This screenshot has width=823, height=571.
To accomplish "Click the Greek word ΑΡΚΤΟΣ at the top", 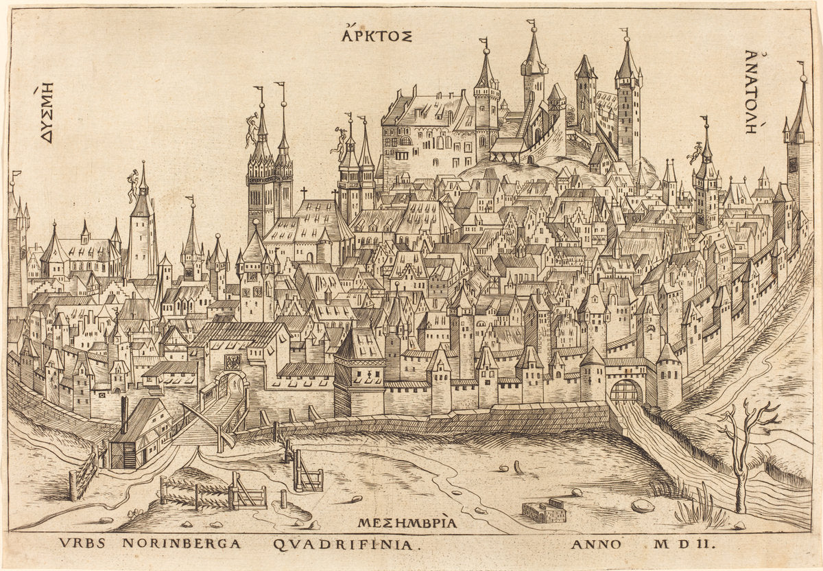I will (377, 34).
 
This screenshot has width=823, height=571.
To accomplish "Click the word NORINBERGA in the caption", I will (181, 544).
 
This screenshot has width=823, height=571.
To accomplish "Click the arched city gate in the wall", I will (625, 392).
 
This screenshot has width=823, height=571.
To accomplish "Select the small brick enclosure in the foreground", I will (544, 511).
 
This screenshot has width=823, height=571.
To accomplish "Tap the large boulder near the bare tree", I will (643, 506).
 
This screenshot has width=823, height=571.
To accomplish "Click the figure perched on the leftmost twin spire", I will (252, 130).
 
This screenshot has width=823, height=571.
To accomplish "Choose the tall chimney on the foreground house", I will (124, 414).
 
